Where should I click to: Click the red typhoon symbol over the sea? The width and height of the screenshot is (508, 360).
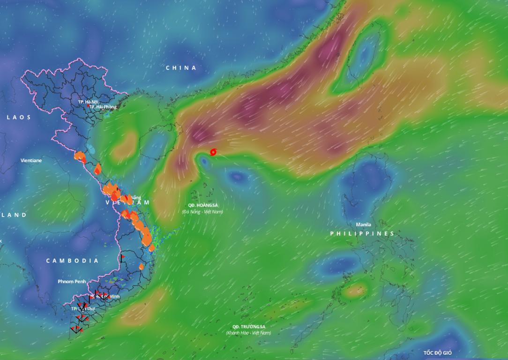213,152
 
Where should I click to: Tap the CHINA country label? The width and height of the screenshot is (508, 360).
181,68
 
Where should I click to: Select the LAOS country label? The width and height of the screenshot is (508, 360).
19,117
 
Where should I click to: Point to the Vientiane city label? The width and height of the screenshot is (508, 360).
31,160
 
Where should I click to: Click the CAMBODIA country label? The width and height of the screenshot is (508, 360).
72,261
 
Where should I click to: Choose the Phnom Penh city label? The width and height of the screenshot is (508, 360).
72,281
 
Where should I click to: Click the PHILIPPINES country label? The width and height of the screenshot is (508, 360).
362,233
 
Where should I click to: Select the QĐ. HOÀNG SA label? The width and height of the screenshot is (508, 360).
203,205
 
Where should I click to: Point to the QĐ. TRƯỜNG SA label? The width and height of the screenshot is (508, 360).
248,326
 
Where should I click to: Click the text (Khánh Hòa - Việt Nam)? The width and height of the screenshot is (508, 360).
248,333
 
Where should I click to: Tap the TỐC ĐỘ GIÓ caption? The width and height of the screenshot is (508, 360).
438,352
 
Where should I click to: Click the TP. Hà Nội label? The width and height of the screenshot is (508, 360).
88,102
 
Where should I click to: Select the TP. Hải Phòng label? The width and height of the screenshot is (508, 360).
103,107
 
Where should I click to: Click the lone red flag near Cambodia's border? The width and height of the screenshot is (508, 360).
122,257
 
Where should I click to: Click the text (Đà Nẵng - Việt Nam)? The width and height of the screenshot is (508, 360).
202,212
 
